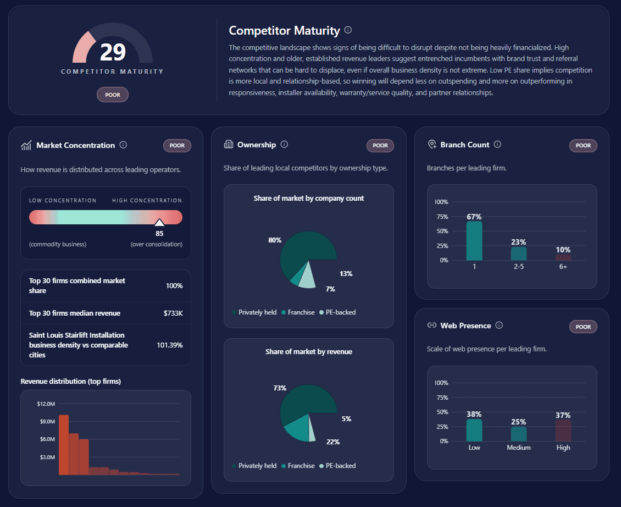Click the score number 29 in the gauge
pyautogui.click(x=113, y=52)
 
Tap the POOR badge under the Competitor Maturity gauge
pyautogui.click(x=113, y=95)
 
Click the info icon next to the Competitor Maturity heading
pyautogui.click(x=348, y=30)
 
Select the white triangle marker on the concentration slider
pyautogui.click(x=159, y=222)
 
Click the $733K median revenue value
pyautogui.click(x=173, y=313)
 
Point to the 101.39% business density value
pyautogui.click(x=170, y=345)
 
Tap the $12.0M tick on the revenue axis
pyautogui.click(x=46, y=404)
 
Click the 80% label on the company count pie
pyautogui.click(x=275, y=240)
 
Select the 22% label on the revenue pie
pyautogui.click(x=333, y=442)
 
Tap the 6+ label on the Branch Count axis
pyautogui.click(x=563, y=267)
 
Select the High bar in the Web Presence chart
pyautogui.click(x=563, y=431)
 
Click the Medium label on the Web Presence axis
pyautogui.click(x=519, y=448)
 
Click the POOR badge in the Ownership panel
pyautogui.click(x=380, y=146)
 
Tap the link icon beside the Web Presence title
pyautogui.click(x=431, y=326)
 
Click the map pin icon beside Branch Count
pyautogui.click(x=431, y=145)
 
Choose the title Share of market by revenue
pyautogui.click(x=308, y=351)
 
